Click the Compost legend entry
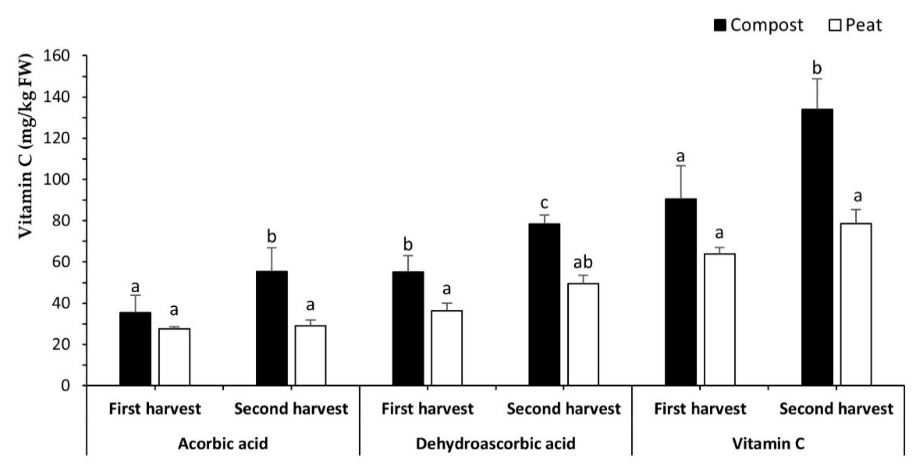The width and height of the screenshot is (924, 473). pos(758,25)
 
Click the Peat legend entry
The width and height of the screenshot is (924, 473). pos(856,25)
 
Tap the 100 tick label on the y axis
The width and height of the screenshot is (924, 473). pos(56,180)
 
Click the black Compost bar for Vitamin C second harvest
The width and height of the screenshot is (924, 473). pos(817,247)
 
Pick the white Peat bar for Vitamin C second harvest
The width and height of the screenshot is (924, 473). pos(856,305)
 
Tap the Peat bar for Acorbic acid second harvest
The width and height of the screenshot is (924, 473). pos(311,356)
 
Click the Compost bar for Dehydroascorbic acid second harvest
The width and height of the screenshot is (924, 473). pos(545,305)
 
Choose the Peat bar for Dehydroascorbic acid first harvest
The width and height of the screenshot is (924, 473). pos(447,348)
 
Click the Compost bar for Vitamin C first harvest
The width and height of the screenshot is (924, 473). pos(681,292)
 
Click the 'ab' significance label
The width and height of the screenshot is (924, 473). pos(583,263)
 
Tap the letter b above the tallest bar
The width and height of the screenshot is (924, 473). pos(817,68)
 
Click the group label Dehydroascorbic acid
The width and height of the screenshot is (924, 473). pos(495,444)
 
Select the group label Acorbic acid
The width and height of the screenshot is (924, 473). pos(223,444)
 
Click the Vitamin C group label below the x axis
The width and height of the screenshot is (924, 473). pos(768,444)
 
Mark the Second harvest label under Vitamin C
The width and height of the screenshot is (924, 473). pos(836,409)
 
